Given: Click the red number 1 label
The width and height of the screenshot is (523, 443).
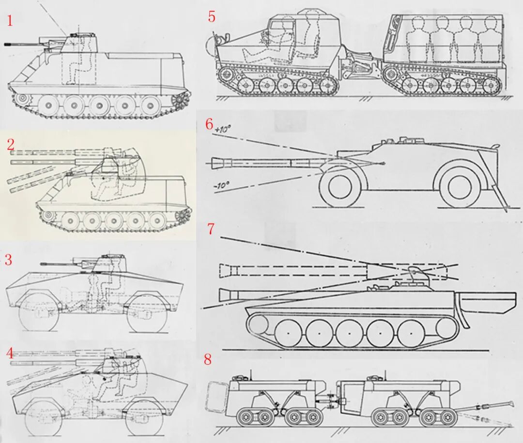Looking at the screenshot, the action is [x=10, y=21].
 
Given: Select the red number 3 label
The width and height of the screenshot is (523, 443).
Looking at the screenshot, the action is [x=8, y=260].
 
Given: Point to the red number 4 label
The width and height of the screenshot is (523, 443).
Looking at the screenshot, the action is [x=10, y=354].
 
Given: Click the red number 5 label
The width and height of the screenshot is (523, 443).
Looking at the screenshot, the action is [x=212, y=16].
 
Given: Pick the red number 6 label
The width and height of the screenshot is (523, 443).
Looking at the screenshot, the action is [x=209, y=124].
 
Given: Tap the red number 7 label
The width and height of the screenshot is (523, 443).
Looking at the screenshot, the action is [x=211, y=229].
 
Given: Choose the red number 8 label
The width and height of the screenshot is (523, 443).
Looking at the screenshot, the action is [x=208, y=359].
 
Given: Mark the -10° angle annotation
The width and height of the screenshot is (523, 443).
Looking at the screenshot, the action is [x=221, y=185].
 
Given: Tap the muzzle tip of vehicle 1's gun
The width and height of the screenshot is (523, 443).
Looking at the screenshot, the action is [x=6, y=44].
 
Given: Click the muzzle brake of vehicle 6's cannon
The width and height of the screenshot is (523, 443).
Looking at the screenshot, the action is [x=216, y=163].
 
